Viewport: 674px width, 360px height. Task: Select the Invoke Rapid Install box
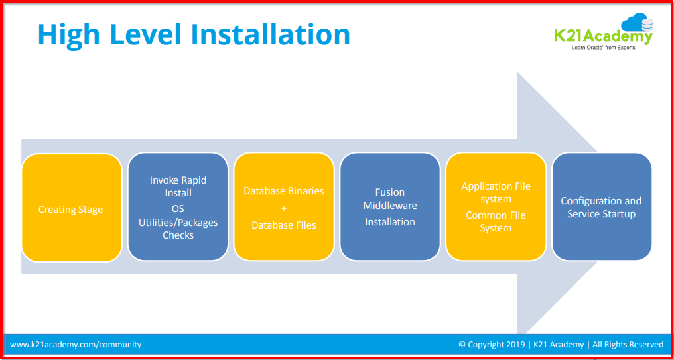click(178, 186)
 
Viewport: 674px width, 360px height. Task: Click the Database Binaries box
click(284, 191)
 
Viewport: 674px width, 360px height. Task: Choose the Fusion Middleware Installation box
click(390, 207)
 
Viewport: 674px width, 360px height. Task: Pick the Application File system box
click(496, 192)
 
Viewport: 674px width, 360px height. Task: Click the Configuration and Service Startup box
click(601, 207)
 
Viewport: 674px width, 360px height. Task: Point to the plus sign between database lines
click(284, 208)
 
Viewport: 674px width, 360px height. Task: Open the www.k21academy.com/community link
click(76, 345)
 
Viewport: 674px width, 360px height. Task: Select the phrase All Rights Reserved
click(628, 345)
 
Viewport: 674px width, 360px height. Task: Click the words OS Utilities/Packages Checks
click(178, 221)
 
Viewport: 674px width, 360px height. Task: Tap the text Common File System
click(496, 221)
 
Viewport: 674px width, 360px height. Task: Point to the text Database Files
click(284, 225)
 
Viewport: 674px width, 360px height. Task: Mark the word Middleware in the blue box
click(390, 206)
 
